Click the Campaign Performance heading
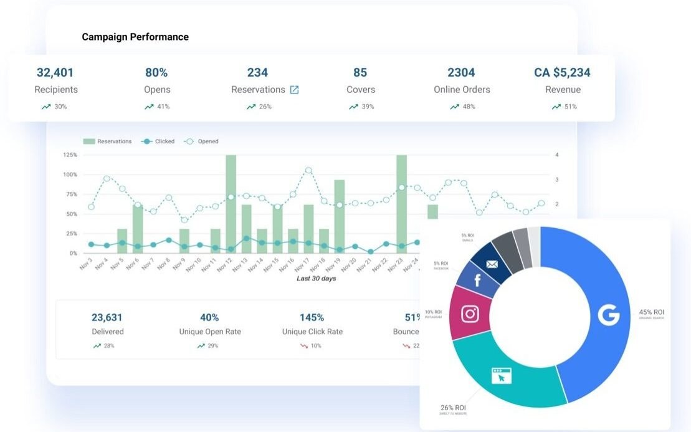(135, 37)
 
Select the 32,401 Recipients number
(55, 72)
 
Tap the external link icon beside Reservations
(295, 90)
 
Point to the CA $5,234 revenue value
(562, 72)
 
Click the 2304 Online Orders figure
(461, 72)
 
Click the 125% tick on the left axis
(70, 155)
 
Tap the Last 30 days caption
(316, 279)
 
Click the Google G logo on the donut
(609, 315)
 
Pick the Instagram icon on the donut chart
(470, 314)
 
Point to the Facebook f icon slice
(478, 281)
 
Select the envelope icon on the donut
(492, 264)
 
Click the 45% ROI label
(651, 312)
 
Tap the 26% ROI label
(453, 407)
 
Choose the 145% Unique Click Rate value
(312, 317)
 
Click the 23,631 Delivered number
(108, 317)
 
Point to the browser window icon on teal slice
(502, 376)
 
